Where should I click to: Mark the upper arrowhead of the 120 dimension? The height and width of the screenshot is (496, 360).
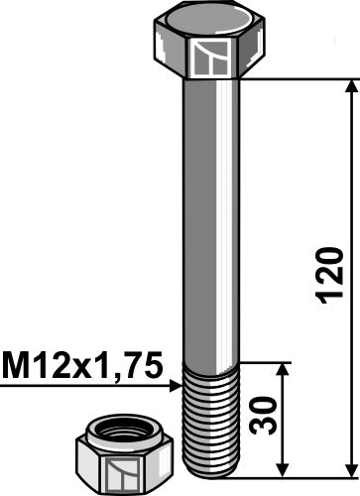tap(348, 87)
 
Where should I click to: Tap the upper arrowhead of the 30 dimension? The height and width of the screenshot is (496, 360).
tap(285, 369)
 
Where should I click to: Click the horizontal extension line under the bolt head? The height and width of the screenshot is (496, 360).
tap(298, 78)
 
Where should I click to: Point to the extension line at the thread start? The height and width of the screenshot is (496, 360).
tap(263, 361)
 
